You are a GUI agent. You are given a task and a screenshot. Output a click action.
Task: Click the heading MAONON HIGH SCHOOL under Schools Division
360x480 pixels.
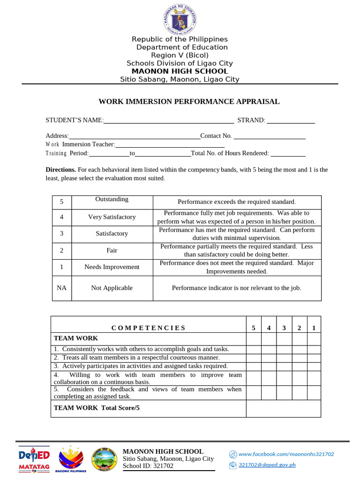tap(180, 71)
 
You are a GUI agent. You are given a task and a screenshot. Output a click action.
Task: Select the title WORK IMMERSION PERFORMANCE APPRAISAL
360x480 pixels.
tap(189, 101)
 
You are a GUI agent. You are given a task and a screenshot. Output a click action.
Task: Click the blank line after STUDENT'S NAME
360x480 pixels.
tap(169, 121)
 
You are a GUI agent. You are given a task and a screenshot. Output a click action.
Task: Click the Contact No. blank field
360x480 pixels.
tap(270, 136)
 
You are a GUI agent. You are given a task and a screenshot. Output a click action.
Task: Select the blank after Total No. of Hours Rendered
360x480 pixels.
tap(288, 153)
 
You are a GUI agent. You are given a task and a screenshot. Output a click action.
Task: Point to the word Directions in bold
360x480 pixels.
tap(60, 170)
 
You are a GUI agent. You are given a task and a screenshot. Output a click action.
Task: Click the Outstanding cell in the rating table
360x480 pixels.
tap(112, 200)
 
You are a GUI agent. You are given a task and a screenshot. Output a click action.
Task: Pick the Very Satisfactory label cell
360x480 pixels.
tap(112, 217)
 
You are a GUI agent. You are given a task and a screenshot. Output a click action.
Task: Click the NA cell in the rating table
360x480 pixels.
tap(61, 288)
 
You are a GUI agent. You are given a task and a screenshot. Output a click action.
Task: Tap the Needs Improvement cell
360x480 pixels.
tap(112, 267)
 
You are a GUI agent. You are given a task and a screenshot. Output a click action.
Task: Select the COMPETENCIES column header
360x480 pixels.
tap(149, 328)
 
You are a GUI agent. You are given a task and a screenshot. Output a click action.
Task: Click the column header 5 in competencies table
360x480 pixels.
tap(254, 328)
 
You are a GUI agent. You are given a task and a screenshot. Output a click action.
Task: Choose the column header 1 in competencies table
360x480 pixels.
tap(314, 328)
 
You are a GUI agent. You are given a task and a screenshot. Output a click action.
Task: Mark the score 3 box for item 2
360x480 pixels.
tap(284, 357)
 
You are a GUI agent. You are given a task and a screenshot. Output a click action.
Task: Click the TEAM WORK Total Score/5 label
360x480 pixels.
tap(97, 408)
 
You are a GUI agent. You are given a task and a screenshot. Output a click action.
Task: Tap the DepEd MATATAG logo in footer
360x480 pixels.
tap(34, 459)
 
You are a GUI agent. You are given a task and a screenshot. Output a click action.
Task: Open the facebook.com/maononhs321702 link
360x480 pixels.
tap(286, 454)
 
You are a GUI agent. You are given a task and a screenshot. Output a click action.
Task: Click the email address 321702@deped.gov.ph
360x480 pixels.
tap(267, 465)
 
